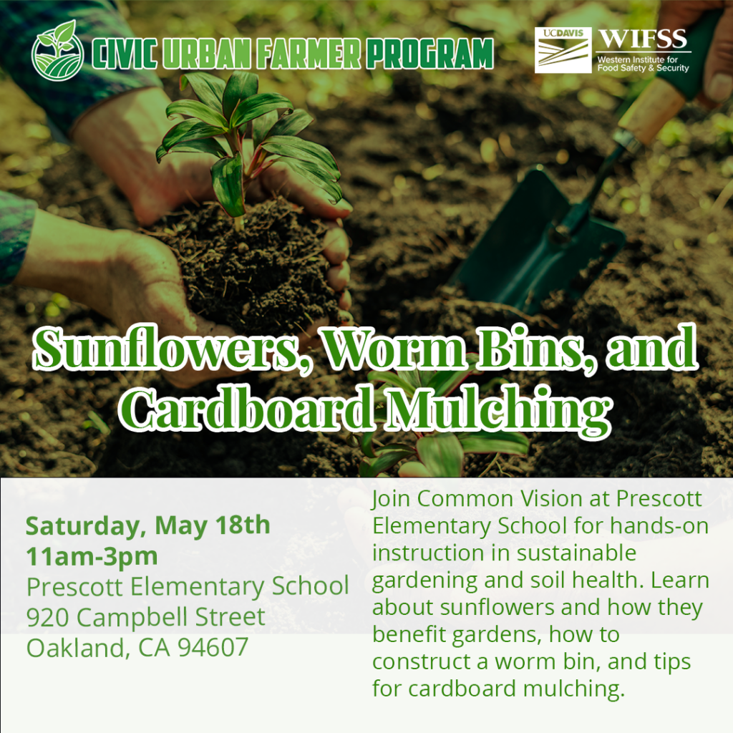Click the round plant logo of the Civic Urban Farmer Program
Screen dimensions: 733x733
[x=57, y=51]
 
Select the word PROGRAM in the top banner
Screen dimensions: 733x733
[x=430, y=54]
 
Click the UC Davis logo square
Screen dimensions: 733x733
[x=563, y=50]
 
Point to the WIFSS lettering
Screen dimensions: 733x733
[x=643, y=39]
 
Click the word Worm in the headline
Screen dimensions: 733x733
[x=395, y=349]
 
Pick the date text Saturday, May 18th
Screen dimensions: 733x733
[x=147, y=525]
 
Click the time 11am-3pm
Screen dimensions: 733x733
[x=92, y=556]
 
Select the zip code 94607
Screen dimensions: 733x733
[x=213, y=648]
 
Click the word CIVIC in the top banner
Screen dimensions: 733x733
[x=125, y=54]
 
